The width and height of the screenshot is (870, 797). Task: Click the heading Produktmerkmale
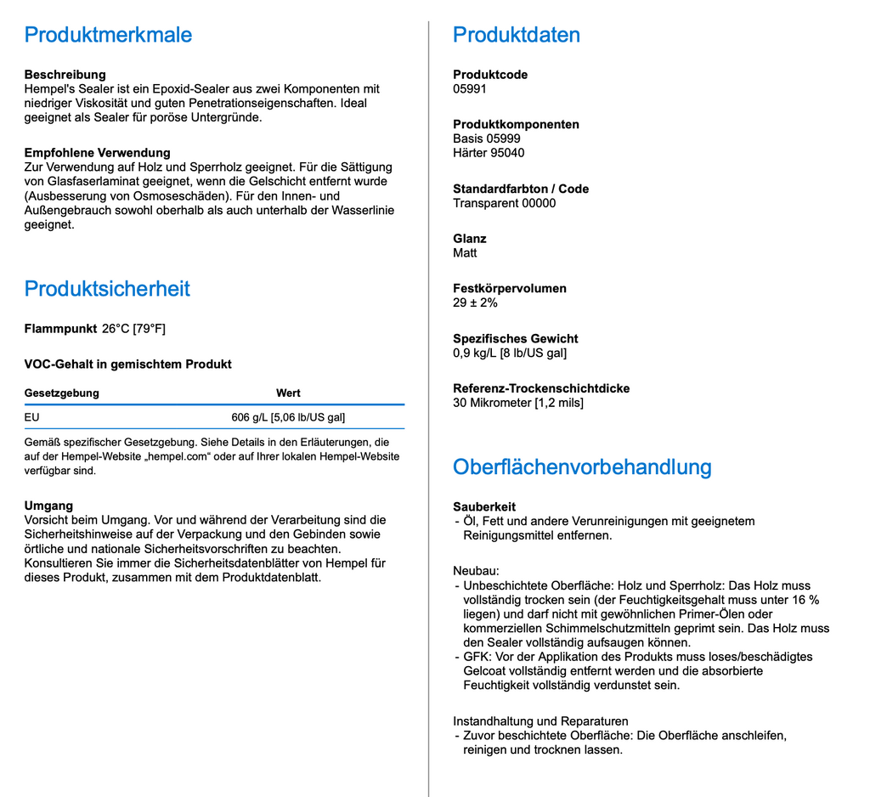coord(108,35)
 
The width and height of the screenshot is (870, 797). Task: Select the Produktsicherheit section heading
coord(107,289)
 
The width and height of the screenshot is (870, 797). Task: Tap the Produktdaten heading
coord(517,35)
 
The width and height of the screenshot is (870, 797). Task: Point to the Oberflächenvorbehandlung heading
coord(582,467)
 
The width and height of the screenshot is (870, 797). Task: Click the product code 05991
coord(470,89)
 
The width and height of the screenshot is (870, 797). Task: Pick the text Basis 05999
coord(487,138)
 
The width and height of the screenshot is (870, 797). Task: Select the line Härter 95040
coord(489,153)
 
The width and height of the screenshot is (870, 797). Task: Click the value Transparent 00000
coord(505,203)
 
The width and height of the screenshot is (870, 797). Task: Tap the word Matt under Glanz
coord(465,253)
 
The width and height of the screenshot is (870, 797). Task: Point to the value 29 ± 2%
coord(475,302)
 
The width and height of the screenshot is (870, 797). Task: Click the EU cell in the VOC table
coord(32,417)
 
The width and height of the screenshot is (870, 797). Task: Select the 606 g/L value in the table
coord(288,417)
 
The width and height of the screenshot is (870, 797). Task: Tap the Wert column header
coord(288,393)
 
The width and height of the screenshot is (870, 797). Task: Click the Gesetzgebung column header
coord(62,393)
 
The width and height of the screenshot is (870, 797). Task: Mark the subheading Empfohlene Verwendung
coord(98,153)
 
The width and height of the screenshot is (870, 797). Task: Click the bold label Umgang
coord(48,506)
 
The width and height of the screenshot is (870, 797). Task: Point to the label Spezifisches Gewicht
coord(516,338)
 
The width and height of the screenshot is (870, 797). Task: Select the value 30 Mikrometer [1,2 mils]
coord(518,403)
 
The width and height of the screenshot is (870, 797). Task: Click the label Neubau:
coord(476,571)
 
